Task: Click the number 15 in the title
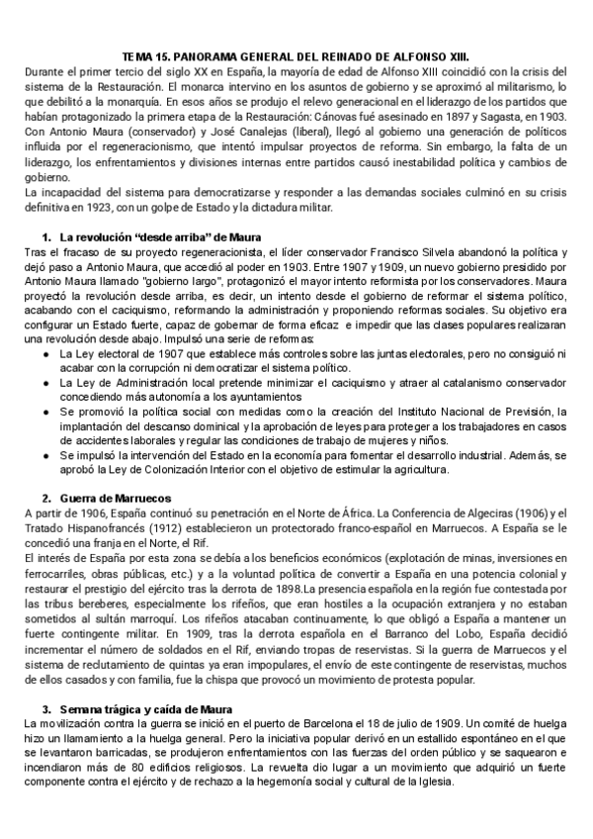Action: tap(174, 57)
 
